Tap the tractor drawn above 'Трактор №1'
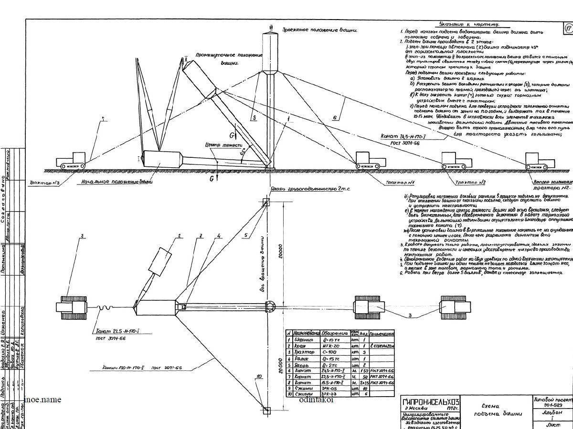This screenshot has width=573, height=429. point(371,160)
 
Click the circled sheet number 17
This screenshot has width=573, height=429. point(568,28)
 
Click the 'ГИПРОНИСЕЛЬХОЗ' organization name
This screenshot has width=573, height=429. point(425,403)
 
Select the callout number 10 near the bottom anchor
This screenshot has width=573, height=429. point(258,377)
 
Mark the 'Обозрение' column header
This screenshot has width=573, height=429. point(331,333)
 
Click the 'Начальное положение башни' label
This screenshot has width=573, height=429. point(117,182)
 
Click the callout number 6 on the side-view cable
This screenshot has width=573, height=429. point(335,116)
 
